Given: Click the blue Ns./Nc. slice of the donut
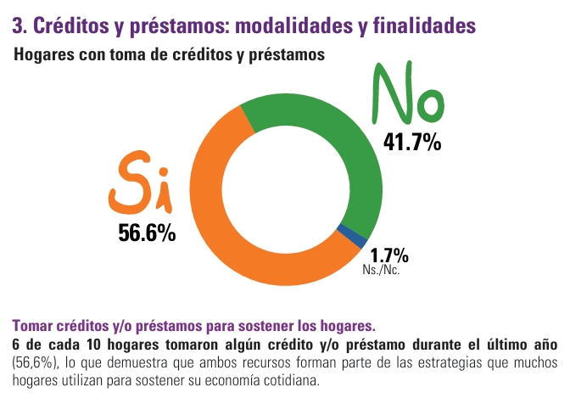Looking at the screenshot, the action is tap(351, 236).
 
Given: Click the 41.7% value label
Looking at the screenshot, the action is tap(412, 142).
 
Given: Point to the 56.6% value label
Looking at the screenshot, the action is tap(147, 233).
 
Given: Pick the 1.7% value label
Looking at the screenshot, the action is tap(389, 255).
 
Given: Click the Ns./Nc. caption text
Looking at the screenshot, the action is tap(381, 270).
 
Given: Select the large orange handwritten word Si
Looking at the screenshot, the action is tap(140, 182).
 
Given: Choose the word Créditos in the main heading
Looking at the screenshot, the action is tap(71, 25).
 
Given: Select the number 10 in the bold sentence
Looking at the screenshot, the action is tap(93, 345).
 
